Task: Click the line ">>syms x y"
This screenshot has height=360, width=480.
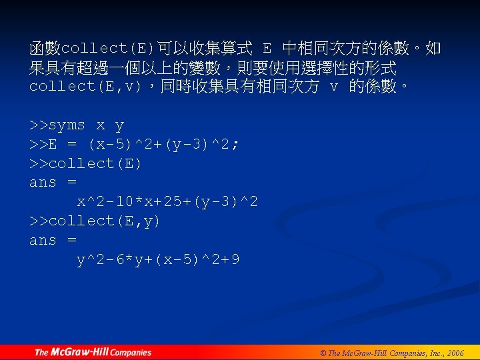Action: click(x=77, y=125)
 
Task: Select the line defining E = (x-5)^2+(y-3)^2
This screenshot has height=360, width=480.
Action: click(x=135, y=145)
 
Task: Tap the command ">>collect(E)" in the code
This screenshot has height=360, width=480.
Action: click(x=85, y=163)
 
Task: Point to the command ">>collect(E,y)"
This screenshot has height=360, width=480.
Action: click(x=95, y=221)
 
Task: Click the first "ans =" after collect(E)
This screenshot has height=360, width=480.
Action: click(x=53, y=183)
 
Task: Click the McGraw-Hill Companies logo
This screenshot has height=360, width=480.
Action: click(x=93, y=352)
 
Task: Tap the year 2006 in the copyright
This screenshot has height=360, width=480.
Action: click(x=456, y=353)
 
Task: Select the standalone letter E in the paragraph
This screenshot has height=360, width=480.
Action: click(x=267, y=49)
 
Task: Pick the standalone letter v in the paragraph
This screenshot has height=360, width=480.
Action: click(x=334, y=87)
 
